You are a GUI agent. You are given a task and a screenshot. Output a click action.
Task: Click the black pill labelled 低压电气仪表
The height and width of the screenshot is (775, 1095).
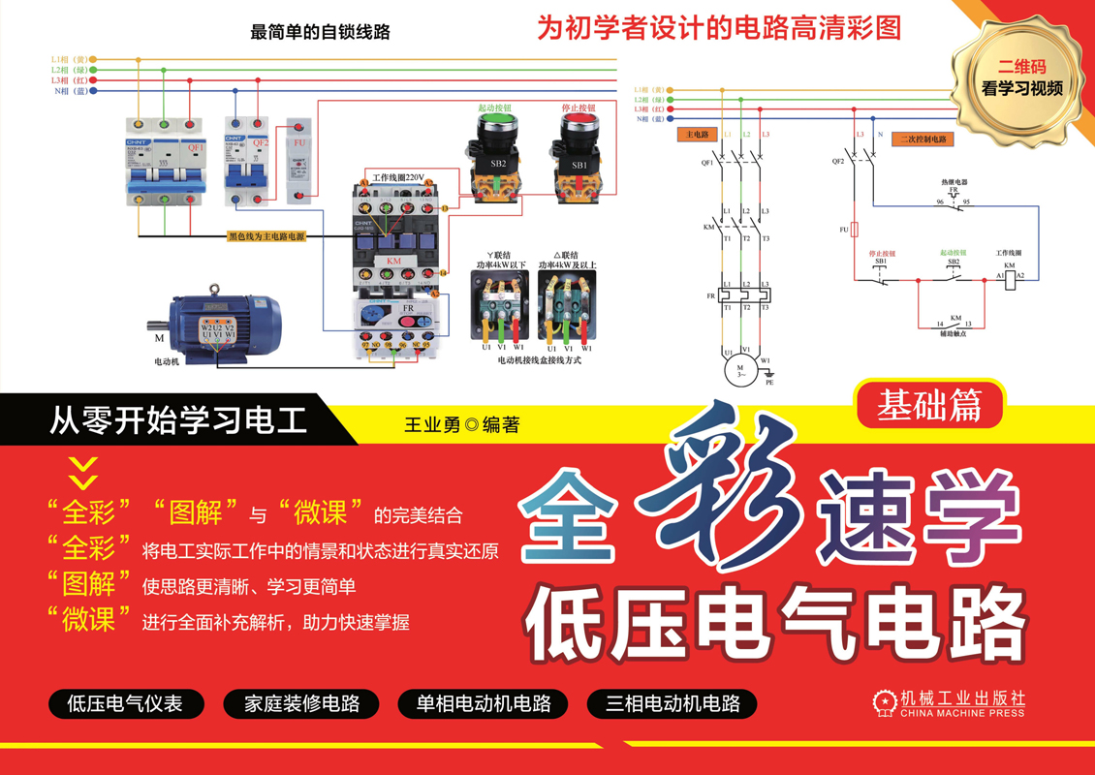(x=125, y=703)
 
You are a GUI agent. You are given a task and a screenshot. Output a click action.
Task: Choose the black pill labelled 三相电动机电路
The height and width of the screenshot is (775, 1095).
(x=673, y=703)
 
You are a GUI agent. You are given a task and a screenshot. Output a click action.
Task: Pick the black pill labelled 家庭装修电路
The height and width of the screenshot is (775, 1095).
(x=302, y=703)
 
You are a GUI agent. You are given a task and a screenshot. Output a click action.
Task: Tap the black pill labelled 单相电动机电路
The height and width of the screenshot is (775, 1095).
(x=484, y=703)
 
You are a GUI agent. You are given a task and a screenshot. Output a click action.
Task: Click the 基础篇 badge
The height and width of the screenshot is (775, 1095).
(x=929, y=405)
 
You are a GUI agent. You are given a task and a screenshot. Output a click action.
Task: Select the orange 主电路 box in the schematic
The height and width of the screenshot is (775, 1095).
(x=697, y=135)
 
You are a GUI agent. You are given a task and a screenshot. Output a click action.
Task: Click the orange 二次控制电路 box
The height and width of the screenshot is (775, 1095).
(x=923, y=139)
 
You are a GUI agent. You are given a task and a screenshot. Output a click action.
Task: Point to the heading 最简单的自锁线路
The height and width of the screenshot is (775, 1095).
(x=320, y=32)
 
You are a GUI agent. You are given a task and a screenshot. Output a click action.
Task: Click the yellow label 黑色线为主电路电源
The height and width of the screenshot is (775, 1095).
(x=266, y=235)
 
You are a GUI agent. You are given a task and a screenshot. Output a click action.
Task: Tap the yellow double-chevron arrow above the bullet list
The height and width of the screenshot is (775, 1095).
(x=84, y=474)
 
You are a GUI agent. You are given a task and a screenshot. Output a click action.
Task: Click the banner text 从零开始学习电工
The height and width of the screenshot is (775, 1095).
(x=178, y=421)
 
